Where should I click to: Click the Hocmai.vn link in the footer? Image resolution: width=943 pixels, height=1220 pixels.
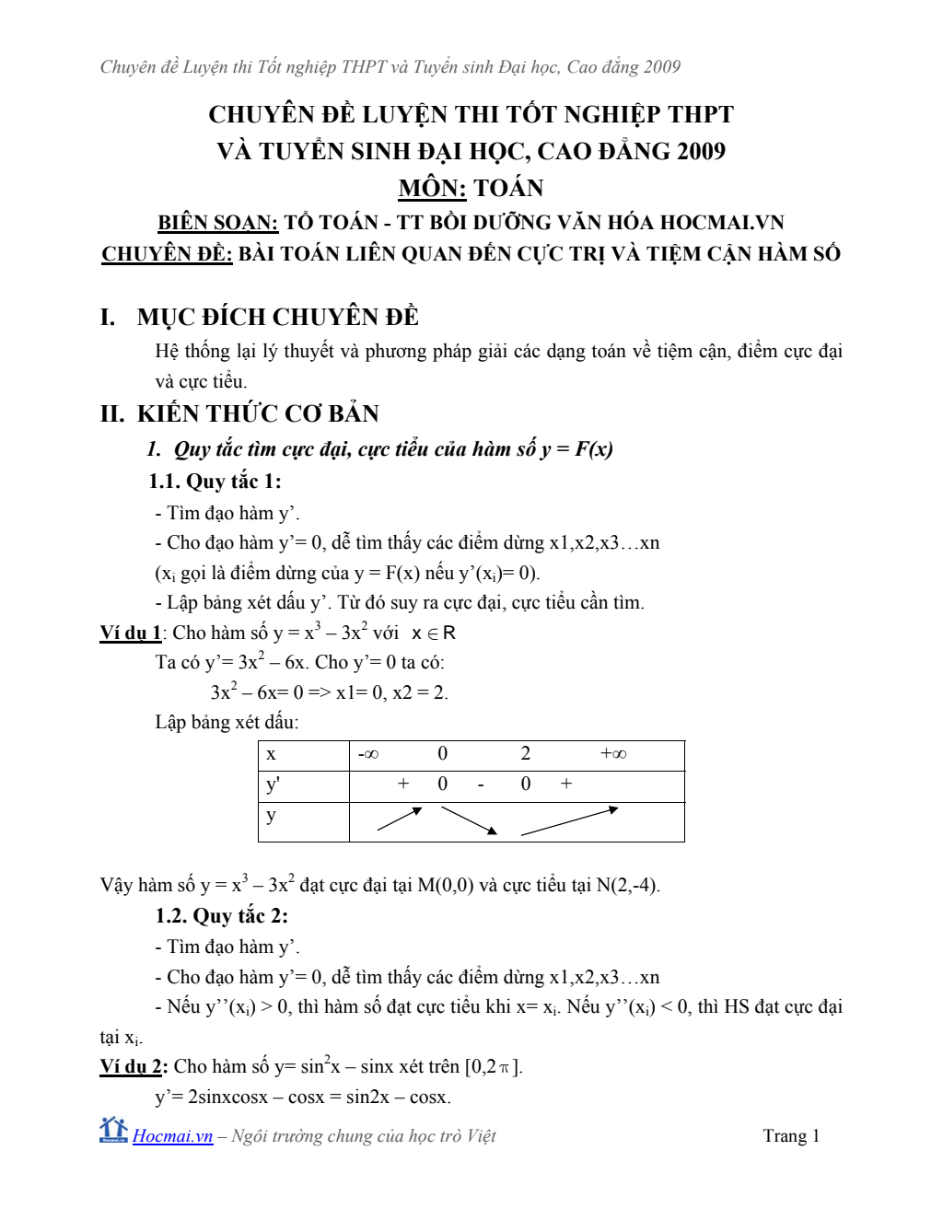(172, 1136)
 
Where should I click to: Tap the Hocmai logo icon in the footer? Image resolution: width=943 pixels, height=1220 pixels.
(113, 1130)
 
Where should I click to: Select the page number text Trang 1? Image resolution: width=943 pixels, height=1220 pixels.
(791, 1136)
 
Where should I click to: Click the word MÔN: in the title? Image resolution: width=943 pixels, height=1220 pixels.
(432, 189)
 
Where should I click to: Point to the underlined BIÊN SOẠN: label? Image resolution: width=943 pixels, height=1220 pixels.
(217, 223)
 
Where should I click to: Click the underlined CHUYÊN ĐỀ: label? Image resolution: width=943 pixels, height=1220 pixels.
(167, 254)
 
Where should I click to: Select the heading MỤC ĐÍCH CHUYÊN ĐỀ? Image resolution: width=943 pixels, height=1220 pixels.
(277, 318)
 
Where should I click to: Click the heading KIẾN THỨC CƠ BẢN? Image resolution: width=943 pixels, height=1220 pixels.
(258, 414)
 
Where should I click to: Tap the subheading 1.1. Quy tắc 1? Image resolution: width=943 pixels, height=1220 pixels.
(215, 482)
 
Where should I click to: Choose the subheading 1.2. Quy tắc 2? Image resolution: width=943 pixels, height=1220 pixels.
(221, 916)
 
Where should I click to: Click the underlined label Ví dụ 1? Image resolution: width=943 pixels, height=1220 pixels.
(130, 633)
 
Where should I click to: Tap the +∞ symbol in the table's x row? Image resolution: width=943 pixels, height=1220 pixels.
(613, 754)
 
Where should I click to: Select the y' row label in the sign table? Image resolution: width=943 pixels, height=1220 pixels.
(273, 785)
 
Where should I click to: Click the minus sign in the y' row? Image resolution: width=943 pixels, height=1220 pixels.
(481, 785)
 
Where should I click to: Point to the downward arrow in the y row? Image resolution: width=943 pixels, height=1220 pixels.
(469, 820)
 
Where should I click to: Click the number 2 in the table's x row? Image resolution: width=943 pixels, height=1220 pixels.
(526, 754)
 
